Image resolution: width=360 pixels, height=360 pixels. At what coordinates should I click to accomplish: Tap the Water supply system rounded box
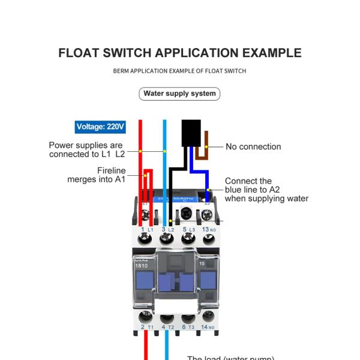tap(179, 94)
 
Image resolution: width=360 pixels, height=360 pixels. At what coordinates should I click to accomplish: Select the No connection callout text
tap(253, 146)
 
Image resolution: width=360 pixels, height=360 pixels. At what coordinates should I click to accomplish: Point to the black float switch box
tap(191, 133)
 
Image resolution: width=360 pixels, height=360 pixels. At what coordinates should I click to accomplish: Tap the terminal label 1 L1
tap(146, 230)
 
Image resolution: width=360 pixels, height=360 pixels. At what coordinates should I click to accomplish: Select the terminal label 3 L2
tap(167, 230)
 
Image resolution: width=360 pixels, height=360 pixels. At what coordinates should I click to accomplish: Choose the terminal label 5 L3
tap(188, 230)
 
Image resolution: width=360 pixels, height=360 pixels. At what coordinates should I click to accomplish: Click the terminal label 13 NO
tap(209, 230)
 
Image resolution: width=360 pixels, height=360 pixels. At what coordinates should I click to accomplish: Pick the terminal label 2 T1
tap(147, 327)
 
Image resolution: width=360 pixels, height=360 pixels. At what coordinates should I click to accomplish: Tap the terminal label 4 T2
tap(167, 327)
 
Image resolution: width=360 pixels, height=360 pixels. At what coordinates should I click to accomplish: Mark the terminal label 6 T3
tap(188, 327)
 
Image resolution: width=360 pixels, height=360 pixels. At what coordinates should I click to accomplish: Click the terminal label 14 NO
tap(209, 327)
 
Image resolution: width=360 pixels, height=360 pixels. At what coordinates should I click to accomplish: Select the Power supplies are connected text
tap(86, 149)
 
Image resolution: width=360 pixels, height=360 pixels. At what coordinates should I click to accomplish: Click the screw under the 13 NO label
tap(209, 240)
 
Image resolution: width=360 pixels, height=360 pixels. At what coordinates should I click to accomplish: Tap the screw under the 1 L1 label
tap(145, 240)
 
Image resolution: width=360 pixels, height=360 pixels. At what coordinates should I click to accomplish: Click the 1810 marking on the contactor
tap(141, 265)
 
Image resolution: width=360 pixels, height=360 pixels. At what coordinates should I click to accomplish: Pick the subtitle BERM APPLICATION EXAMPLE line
tap(179, 71)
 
